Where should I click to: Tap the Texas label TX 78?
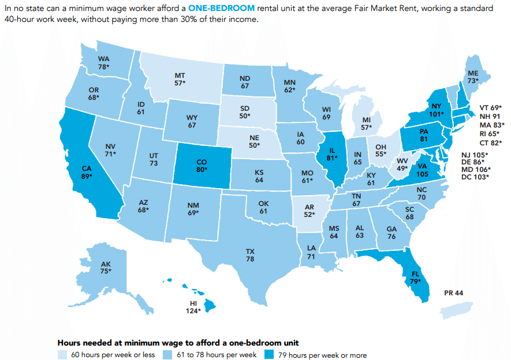click(x=250, y=256)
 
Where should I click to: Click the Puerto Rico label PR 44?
click(x=454, y=293)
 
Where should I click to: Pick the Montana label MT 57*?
click(x=180, y=79)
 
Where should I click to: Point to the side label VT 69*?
click(x=491, y=107)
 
